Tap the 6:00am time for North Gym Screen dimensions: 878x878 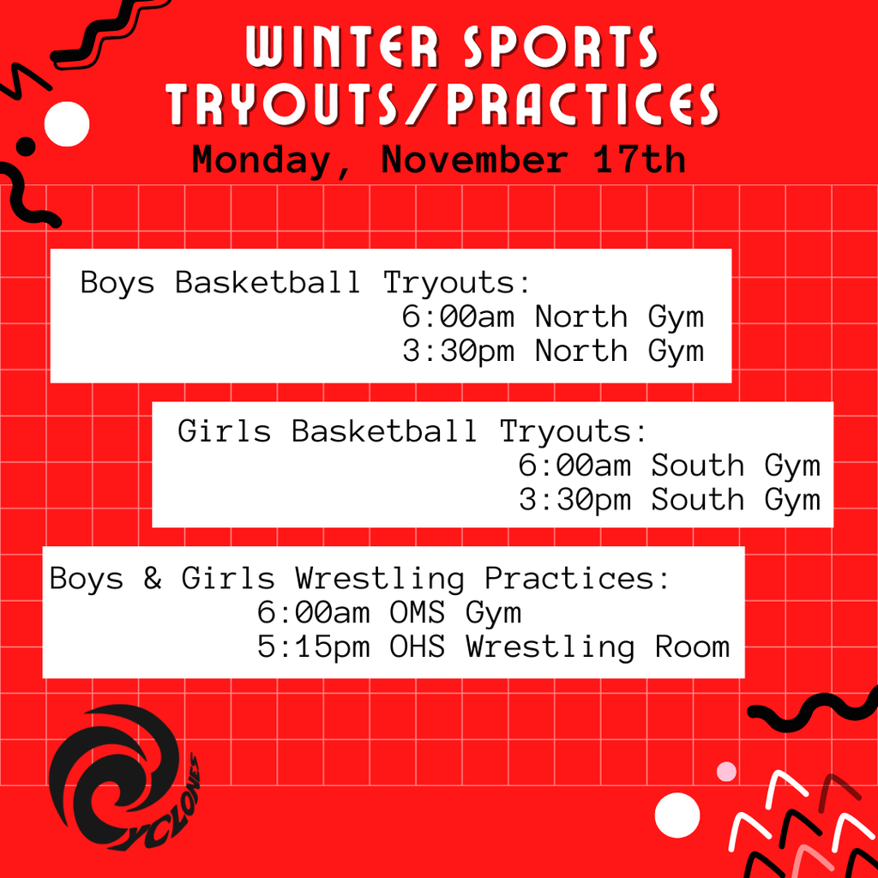click(x=458, y=317)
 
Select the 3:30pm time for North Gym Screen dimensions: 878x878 click(x=458, y=351)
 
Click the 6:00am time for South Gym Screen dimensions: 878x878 click(x=574, y=466)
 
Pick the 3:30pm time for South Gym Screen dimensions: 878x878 click(x=574, y=499)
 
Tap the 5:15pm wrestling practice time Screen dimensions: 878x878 click(x=313, y=646)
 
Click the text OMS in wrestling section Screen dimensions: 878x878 click(x=418, y=613)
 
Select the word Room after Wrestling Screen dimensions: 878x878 click(x=692, y=646)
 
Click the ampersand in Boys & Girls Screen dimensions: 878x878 click(x=153, y=579)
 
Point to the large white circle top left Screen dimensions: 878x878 click(x=67, y=124)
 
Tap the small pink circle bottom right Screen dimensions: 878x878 click(x=726, y=771)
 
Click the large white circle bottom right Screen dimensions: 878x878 click(x=677, y=815)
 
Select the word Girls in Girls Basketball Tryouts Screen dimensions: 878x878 click(x=224, y=431)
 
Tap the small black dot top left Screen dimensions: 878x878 click(x=27, y=146)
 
